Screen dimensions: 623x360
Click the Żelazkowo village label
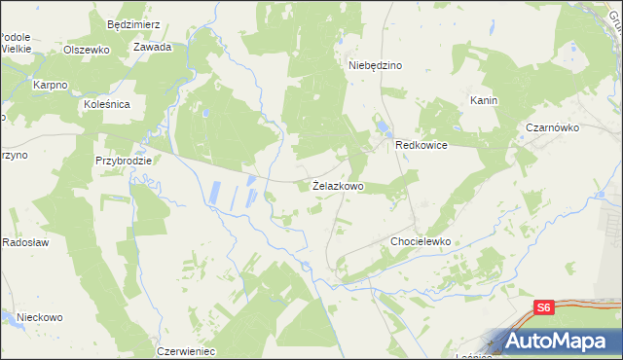[338, 185]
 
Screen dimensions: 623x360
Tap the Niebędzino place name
[376, 65]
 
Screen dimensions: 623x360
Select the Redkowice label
[421, 144]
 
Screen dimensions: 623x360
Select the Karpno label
[50, 85]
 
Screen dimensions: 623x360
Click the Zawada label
[153, 47]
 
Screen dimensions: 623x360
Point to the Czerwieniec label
[185, 350]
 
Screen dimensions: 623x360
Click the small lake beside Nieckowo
[8, 317]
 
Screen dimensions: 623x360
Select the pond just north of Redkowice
[383, 126]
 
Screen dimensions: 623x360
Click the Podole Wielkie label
[17, 42]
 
